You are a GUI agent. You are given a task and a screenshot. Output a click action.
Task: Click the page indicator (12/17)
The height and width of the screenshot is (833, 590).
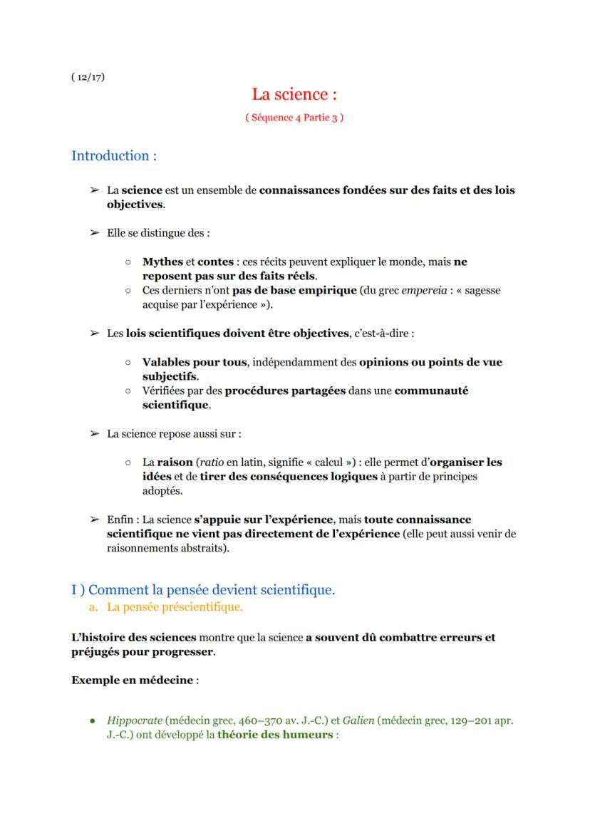88,77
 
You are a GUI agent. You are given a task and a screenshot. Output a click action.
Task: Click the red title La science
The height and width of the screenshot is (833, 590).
294,94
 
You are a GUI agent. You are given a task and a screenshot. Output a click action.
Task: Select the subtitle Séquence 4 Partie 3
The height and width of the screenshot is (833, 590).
294,118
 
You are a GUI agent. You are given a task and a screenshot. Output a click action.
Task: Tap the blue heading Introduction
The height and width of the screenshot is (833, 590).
114,155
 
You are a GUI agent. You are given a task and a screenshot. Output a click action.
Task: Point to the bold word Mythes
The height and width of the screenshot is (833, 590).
162,262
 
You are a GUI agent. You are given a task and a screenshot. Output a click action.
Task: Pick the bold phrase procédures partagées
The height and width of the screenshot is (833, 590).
285,390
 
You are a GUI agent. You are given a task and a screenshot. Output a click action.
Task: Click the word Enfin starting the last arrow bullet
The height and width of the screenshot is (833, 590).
120,519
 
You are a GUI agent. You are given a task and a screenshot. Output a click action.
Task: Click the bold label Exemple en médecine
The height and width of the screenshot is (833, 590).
132,680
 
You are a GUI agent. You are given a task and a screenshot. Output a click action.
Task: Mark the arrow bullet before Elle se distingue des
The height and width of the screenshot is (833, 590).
93,233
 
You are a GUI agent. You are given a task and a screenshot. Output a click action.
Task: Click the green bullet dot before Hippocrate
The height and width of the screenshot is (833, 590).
93,720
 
